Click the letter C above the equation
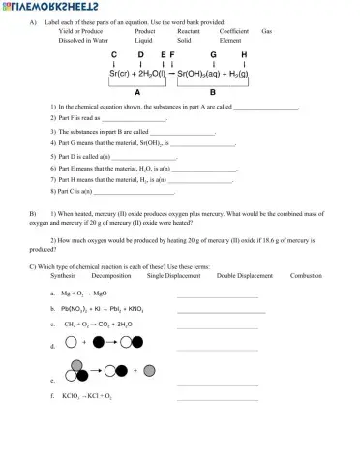[114, 54]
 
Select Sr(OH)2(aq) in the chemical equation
[201, 73]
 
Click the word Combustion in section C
[306, 276]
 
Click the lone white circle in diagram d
[71, 342]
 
